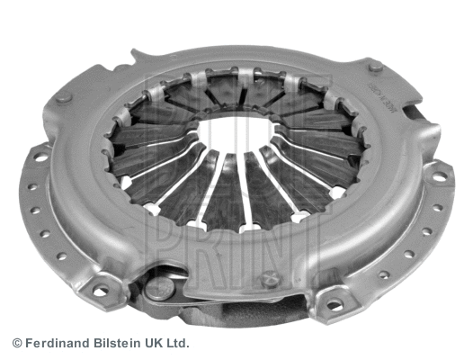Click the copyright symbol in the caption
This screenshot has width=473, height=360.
(x=16, y=343)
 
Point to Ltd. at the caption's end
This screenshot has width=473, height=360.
(x=176, y=343)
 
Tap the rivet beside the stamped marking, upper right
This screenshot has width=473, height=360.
(x=376, y=67)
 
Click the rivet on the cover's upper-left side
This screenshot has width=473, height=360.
(x=63, y=97)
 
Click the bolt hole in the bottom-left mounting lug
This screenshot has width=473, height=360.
(x=100, y=291)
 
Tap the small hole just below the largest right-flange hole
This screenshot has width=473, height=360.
(x=438, y=208)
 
